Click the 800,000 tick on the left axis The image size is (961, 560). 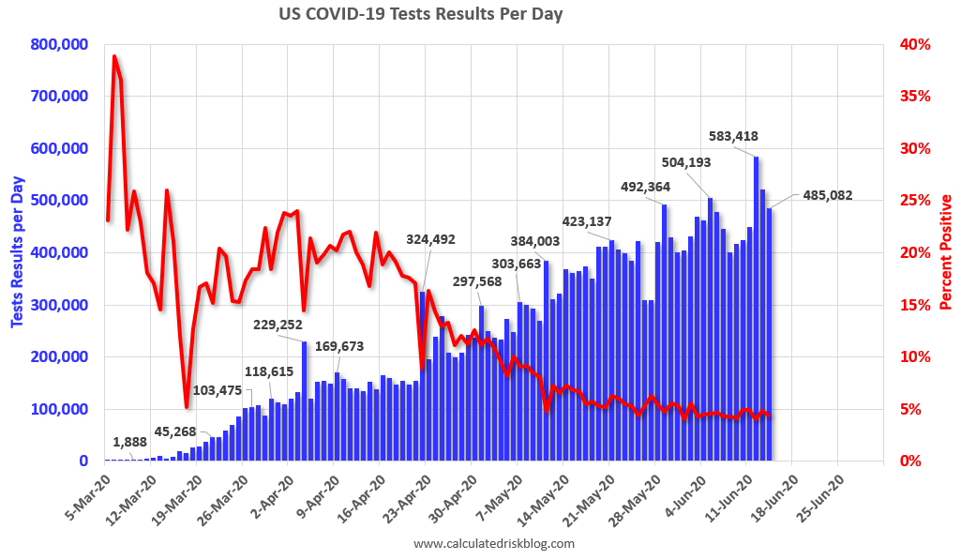pyautogui.click(x=59, y=44)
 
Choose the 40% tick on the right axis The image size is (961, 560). pyautogui.click(x=913, y=44)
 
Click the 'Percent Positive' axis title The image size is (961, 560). pyautogui.click(x=946, y=252)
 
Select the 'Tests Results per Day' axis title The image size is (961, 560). pyautogui.click(x=18, y=252)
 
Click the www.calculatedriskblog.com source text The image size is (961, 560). pyautogui.click(x=493, y=543)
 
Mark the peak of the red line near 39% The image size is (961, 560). pyautogui.click(x=114, y=56)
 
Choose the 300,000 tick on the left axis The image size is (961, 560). pyautogui.click(x=59, y=305)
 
